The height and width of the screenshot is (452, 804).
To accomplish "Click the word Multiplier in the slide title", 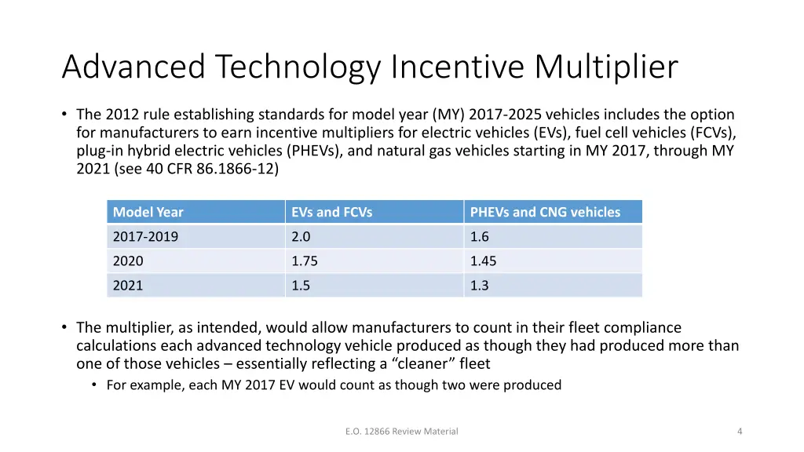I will click(606, 67).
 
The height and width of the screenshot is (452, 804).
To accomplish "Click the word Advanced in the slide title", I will click(133, 67).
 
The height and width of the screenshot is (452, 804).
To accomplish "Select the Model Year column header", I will click(148, 212).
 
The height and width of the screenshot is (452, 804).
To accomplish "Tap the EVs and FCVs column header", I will click(331, 212).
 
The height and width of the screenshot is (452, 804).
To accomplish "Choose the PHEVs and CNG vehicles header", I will click(545, 212).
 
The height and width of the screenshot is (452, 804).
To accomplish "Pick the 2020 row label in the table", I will click(128, 261).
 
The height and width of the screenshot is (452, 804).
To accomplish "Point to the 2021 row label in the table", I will click(128, 286).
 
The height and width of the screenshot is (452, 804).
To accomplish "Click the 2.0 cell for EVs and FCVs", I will click(301, 237).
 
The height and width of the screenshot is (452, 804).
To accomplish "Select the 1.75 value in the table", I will click(305, 261).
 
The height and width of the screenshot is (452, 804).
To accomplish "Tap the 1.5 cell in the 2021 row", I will click(301, 286).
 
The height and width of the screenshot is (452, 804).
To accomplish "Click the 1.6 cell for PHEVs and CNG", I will click(479, 237).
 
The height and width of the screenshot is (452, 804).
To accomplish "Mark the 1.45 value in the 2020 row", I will click(483, 261).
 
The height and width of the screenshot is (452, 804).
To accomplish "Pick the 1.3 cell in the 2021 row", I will click(479, 286).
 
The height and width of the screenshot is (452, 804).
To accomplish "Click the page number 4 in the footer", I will click(740, 431).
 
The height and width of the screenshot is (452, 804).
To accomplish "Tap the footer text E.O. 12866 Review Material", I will click(401, 431).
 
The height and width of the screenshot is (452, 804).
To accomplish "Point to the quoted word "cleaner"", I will click(411, 364).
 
